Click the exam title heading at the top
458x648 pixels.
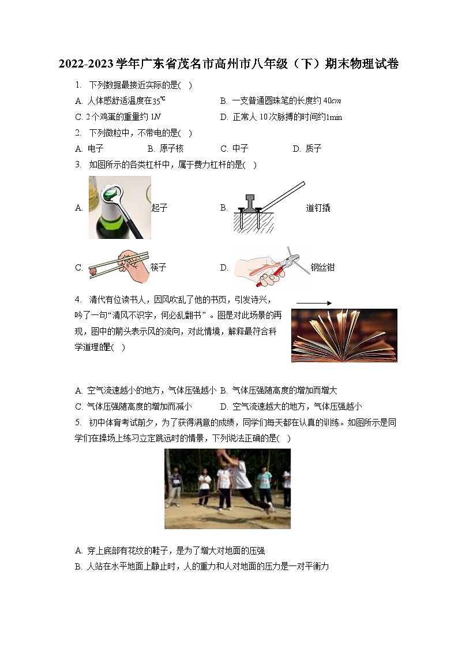click(228, 63)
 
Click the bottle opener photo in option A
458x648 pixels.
click(119, 208)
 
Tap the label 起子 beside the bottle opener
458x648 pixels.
click(159, 208)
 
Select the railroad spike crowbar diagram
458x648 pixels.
click(268, 207)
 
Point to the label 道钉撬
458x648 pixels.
click(318, 208)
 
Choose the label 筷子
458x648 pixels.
click(158, 267)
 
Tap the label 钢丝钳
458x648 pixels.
click(322, 267)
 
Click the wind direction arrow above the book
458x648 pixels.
click(314, 302)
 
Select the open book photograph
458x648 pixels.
click(344, 336)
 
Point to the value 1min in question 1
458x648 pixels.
click(334, 117)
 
